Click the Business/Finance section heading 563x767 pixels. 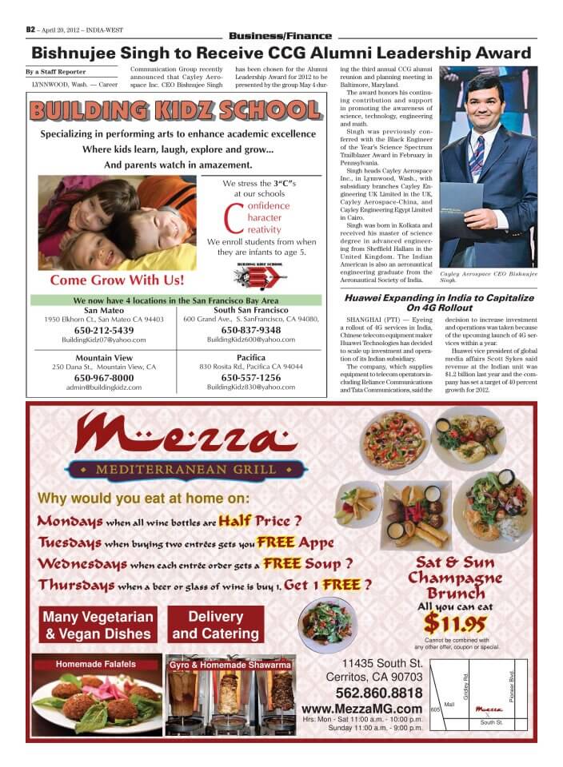(x=280, y=36)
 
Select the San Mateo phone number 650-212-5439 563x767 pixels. (x=104, y=330)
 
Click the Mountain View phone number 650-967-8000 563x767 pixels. (x=104, y=377)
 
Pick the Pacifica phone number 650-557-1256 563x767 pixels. (x=250, y=377)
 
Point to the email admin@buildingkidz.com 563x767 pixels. (x=104, y=387)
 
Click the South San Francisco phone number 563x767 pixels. (x=250, y=330)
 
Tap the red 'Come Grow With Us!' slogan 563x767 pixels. (x=117, y=280)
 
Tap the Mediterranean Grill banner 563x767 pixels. (x=186, y=469)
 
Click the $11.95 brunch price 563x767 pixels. (x=454, y=622)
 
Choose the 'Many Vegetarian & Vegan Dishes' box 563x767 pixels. (x=98, y=626)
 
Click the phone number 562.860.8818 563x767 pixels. (x=379, y=693)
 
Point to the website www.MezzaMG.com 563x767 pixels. (x=362, y=709)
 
